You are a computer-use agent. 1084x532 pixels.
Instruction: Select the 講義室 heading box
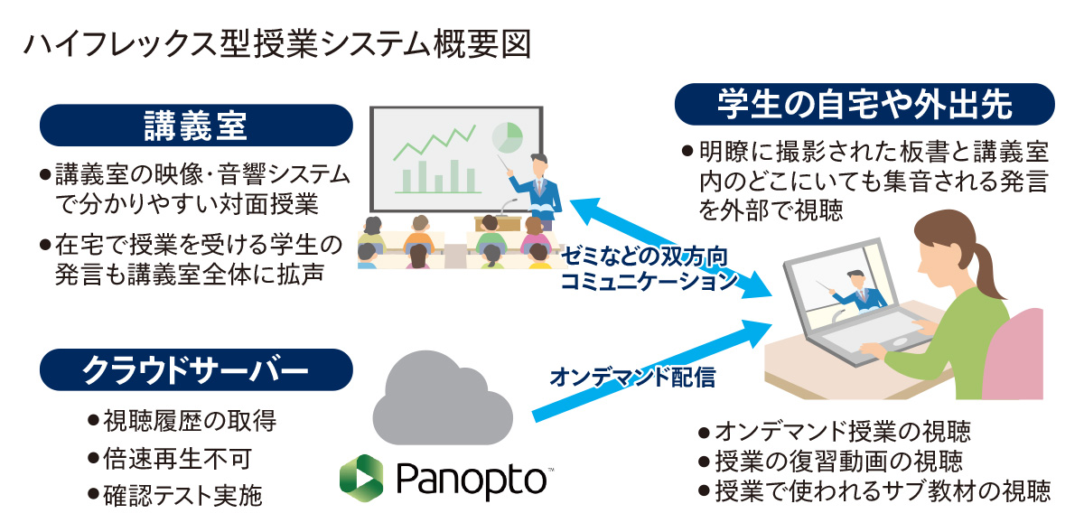195,126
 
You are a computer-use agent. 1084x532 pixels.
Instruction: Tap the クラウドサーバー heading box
195,369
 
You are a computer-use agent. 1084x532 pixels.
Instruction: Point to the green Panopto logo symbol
360,479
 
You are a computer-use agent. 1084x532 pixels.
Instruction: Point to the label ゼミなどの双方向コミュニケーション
647,267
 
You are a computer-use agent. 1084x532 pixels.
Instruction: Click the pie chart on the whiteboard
507,136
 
